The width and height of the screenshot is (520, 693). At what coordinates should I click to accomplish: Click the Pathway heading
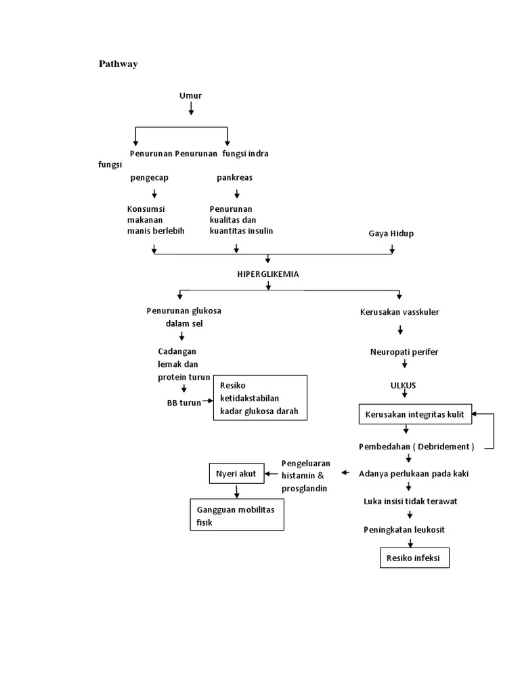tap(118, 64)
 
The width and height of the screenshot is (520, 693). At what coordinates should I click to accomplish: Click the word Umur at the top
tap(190, 95)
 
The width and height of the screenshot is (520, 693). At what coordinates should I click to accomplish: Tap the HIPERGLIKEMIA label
tap(267, 274)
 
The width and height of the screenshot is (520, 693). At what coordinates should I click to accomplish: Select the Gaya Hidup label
tap(391, 233)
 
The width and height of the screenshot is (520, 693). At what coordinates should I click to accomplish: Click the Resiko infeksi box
tap(413, 558)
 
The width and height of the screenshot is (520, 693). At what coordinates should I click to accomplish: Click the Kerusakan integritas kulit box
tap(415, 414)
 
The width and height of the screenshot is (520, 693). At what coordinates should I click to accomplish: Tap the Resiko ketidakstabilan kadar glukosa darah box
tap(260, 398)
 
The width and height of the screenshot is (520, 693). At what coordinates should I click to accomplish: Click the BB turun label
tap(184, 403)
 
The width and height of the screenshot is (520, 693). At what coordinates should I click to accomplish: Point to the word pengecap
tap(150, 178)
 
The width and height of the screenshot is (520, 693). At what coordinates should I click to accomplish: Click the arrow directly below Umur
tap(191, 108)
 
